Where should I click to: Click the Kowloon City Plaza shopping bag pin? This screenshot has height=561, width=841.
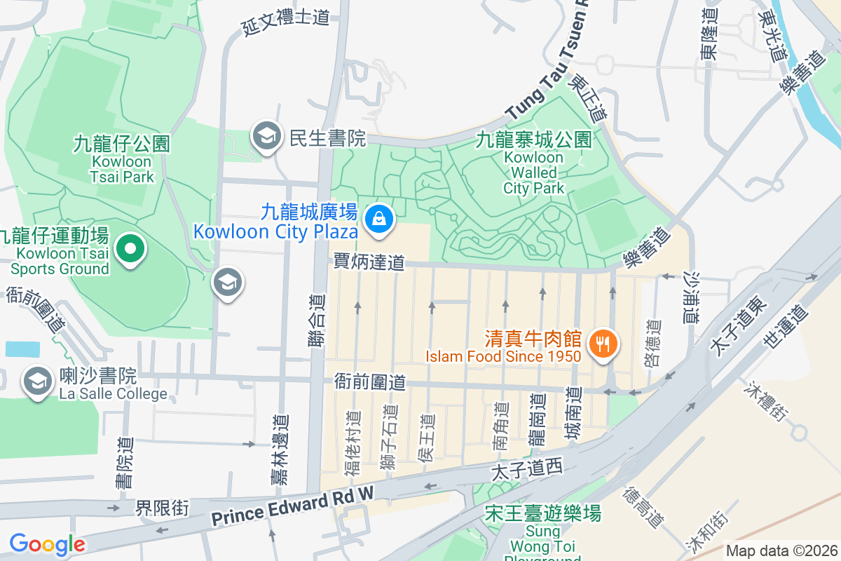coord(378,218)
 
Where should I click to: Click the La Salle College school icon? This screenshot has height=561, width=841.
coord(36,382)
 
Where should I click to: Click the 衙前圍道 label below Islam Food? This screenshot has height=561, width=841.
coord(369,382)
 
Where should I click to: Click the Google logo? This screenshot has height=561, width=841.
coord(47,544)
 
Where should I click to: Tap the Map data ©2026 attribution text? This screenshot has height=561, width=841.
coord(781,550)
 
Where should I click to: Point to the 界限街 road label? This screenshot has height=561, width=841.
coord(162,507)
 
